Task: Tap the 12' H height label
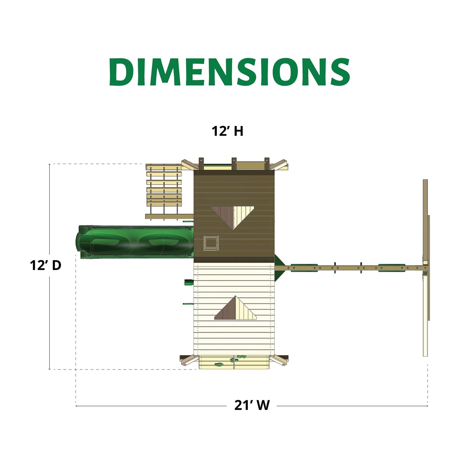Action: point(227,131)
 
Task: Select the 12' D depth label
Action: point(46,266)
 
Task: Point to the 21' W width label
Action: point(252,405)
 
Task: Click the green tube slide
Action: point(135,242)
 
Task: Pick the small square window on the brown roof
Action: point(211,243)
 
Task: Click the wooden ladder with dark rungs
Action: point(164,192)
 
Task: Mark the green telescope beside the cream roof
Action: point(189,283)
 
